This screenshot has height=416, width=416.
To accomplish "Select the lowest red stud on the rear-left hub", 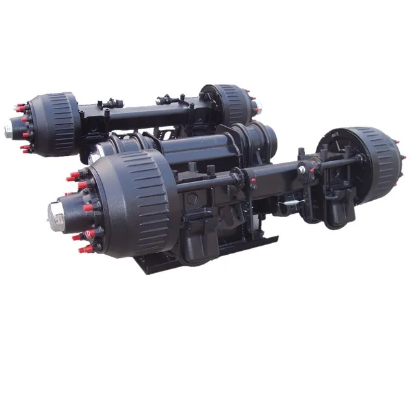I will pos(26,149).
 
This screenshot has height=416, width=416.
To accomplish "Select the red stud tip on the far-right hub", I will pos(404,158).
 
